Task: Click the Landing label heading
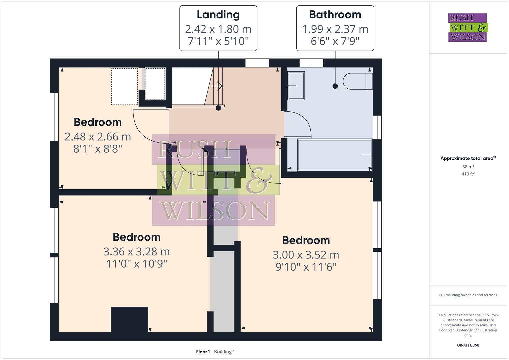(218, 15)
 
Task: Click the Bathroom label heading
(335, 15)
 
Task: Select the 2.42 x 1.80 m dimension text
(218, 29)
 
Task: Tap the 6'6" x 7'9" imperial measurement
(335, 41)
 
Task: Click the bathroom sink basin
(296, 86)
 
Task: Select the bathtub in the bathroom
(335, 155)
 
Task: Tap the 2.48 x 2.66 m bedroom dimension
(98, 137)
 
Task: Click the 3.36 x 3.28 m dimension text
(136, 252)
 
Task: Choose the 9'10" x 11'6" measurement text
(306, 267)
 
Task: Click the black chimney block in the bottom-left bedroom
(129, 319)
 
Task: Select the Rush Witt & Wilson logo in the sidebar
(468, 28)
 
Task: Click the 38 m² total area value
(468, 167)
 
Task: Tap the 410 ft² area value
(468, 174)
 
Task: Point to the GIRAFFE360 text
(468, 345)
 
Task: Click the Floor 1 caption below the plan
(203, 352)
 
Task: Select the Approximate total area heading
(468, 158)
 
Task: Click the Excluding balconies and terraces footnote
(468, 295)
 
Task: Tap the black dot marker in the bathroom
(335, 86)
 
